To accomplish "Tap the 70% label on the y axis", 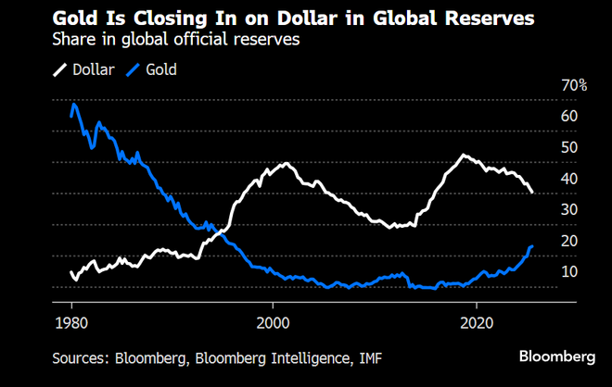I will pyautogui.click(x=574, y=85).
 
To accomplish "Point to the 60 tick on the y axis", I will pyautogui.click(x=569, y=116).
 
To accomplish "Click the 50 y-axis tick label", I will pyautogui.click(x=569, y=147).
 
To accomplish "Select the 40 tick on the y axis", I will pyautogui.click(x=569, y=179).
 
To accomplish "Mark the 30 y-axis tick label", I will pyautogui.click(x=569, y=209).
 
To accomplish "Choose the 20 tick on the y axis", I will pyautogui.click(x=569, y=241).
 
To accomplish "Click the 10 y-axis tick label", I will pyautogui.click(x=569, y=271).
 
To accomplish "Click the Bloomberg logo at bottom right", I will pyautogui.click(x=556, y=356).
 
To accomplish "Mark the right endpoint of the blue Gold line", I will pyautogui.click(x=532, y=246).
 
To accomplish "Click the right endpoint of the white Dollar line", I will pyautogui.click(x=532, y=193).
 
